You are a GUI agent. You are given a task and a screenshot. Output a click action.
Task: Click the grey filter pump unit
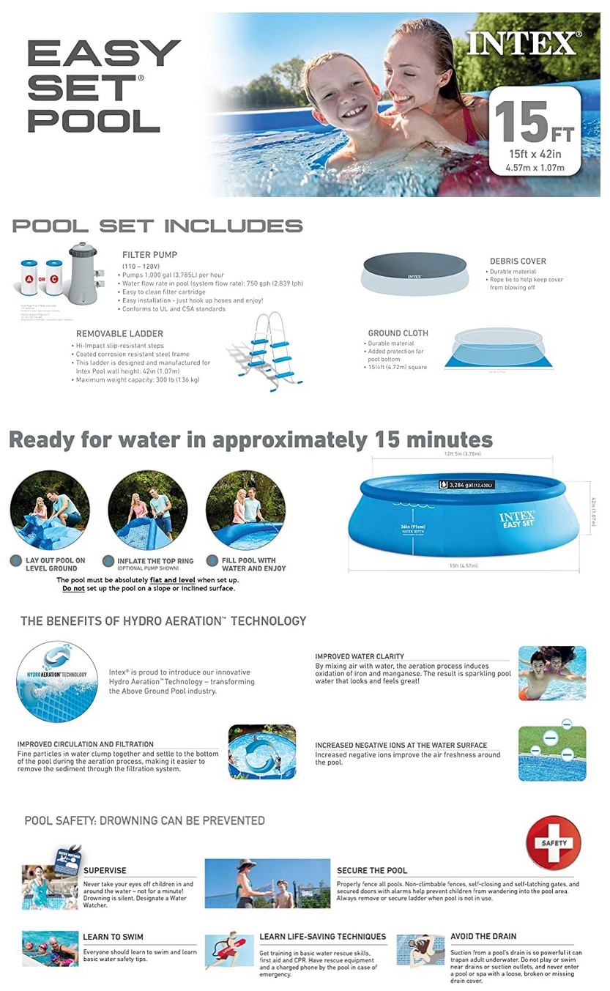pos(83,273)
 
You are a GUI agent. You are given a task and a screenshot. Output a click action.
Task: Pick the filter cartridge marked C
pos(53,278)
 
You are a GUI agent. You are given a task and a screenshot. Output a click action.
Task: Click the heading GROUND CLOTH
pos(398,333)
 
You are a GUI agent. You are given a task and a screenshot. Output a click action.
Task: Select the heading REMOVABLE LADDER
pos(119,334)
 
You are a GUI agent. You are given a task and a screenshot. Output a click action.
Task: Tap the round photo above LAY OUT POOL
pos(51,510)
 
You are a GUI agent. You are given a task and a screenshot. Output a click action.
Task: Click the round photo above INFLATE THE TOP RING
pos(147,510)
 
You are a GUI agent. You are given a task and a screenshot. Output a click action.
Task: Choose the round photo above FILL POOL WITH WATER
pos(245,510)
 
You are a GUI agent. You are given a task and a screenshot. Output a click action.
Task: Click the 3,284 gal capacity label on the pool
pos(466,485)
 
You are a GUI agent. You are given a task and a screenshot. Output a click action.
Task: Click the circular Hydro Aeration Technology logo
pos(56,680)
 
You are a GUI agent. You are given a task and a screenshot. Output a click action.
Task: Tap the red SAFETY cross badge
pos(553,843)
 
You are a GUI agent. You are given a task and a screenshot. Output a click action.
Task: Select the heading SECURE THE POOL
pos(372,871)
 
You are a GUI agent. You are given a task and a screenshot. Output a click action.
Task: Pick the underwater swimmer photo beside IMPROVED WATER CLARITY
pos(551,673)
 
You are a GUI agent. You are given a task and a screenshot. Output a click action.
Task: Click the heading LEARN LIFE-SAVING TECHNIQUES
pos(322,937)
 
